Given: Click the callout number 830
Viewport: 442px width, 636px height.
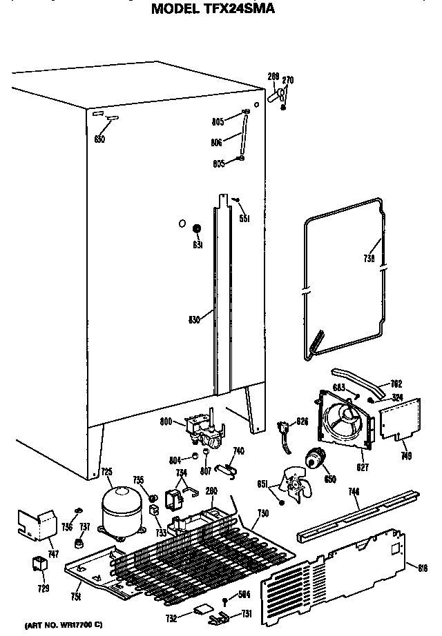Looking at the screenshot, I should click(195, 319).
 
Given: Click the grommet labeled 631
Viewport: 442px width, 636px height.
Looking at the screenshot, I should click(197, 229).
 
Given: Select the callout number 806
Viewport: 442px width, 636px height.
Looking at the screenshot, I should click(218, 143).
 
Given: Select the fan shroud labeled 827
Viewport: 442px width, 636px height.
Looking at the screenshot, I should click(343, 421).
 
